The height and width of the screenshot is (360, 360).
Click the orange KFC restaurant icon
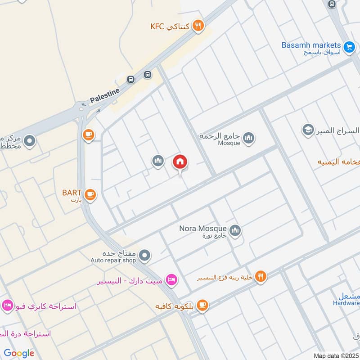point(198,26)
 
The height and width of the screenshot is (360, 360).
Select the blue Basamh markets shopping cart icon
point(349,46)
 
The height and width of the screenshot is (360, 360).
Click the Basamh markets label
point(311,45)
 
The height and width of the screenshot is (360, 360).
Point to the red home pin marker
point(180,162)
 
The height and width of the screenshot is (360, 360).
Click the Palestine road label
point(105,95)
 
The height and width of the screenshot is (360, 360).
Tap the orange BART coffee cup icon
point(90,194)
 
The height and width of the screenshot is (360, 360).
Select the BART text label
point(72,193)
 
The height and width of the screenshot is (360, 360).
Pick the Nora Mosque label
point(202,228)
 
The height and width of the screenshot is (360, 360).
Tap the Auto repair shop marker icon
point(144,256)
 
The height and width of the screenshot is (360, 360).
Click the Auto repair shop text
point(113,260)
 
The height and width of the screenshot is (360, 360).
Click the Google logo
point(19,353)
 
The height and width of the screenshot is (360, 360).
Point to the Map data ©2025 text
point(335,355)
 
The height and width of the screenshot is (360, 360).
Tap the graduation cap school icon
point(308,130)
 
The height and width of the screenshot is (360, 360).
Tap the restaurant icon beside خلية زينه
point(261,277)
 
